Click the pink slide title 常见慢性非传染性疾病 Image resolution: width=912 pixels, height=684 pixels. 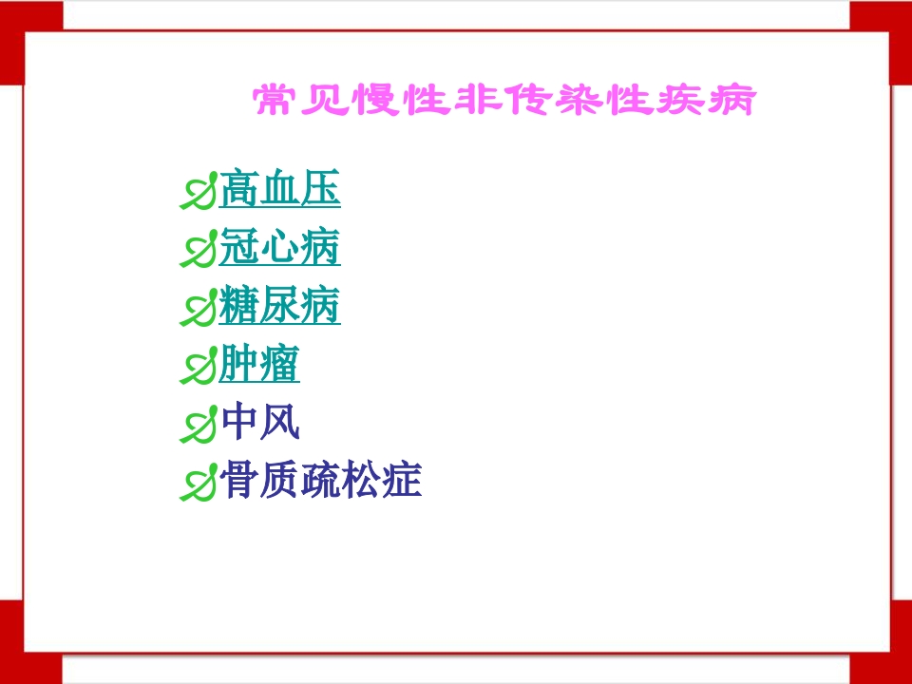[x=503, y=101]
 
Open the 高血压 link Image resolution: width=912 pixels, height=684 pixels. [x=279, y=190]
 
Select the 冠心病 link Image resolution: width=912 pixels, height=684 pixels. [x=279, y=249]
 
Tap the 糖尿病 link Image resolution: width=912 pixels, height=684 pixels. [x=279, y=307]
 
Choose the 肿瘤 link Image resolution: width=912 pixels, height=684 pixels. [x=259, y=365]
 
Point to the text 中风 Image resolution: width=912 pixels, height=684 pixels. [x=259, y=423]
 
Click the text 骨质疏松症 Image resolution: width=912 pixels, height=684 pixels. [x=320, y=481]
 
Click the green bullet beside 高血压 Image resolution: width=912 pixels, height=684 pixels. [x=198, y=193]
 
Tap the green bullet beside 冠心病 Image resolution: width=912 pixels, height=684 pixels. [x=198, y=252]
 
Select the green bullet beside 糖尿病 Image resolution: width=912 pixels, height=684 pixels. [x=198, y=310]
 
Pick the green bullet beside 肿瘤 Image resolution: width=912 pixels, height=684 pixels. [x=198, y=368]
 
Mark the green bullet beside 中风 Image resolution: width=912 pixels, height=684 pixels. [x=198, y=426]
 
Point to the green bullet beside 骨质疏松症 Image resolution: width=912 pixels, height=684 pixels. [x=198, y=484]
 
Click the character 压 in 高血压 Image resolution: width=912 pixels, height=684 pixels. [x=320, y=190]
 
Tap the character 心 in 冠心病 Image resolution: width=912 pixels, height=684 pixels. [x=279, y=249]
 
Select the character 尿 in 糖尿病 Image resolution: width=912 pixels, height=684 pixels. [x=279, y=307]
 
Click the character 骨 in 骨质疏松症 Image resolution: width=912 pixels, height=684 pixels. [x=238, y=481]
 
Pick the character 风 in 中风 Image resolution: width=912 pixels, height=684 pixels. [x=280, y=423]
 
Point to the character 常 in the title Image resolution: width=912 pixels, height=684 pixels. [x=274, y=101]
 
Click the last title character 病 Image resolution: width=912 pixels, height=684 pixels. [x=732, y=101]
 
